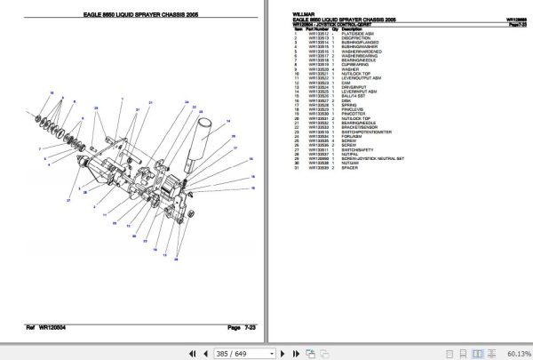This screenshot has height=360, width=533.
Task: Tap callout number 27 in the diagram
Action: pos(68,201)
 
